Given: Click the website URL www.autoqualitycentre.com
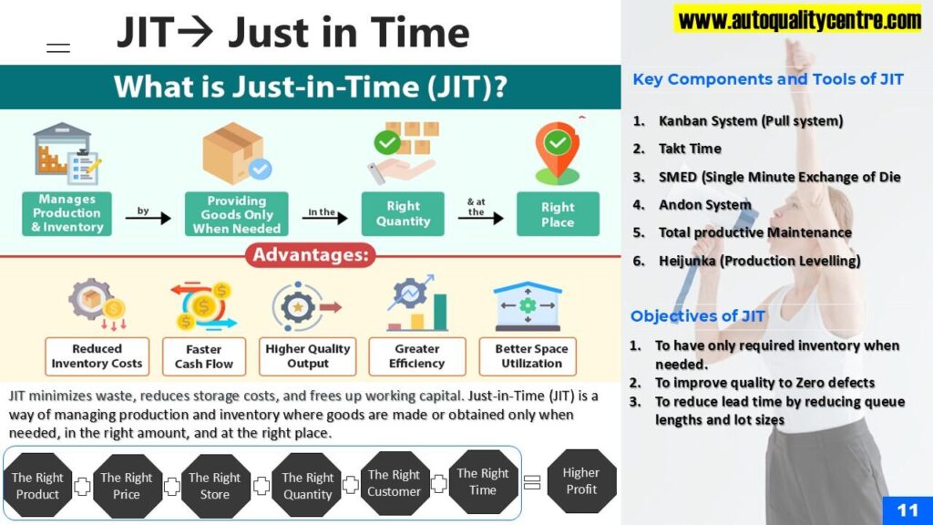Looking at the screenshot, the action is (799, 20).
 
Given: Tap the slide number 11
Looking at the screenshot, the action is (907, 510).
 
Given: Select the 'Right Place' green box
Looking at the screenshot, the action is (558, 214).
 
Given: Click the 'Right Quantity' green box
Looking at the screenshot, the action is (403, 213).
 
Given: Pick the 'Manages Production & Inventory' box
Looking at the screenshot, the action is (67, 213).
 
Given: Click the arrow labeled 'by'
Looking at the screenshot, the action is (149, 219).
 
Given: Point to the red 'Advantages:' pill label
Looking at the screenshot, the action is (310, 255).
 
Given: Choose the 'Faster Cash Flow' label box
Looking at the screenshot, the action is (203, 356).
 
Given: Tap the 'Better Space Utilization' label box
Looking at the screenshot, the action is (528, 356).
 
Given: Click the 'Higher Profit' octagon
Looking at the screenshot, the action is (581, 481).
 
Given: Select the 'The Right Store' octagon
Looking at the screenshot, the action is (215, 486).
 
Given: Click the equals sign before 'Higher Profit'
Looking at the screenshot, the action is (532, 482).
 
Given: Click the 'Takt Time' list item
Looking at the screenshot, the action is (690, 149).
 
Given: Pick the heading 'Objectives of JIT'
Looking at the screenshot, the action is (697, 316).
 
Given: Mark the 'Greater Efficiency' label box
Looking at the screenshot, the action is (417, 356).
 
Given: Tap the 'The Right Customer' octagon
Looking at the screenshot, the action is (394, 483).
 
